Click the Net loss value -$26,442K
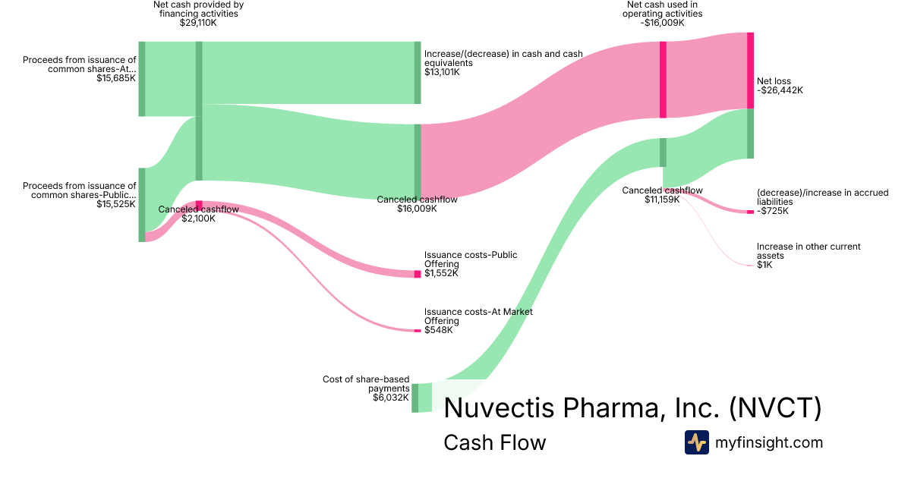pyautogui.click(x=780, y=90)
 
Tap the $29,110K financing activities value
pyautogui.click(x=198, y=23)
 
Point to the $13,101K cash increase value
pyautogui.click(x=442, y=72)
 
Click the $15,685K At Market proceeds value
pyautogui.click(x=116, y=78)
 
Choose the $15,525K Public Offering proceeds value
pyautogui.click(x=116, y=204)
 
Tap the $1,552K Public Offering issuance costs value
pyautogui.click(x=442, y=273)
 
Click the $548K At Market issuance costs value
pyautogui.click(x=439, y=330)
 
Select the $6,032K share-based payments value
pyautogui.click(x=391, y=397)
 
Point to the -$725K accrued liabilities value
pyautogui.click(x=773, y=211)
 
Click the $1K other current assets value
pyautogui.click(x=764, y=265)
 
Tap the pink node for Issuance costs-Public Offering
pyautogui.click(x=417, y=274)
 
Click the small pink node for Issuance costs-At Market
pyautogui.click(x=417, y=331)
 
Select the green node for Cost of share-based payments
pyautogui.click(x=415, y=398)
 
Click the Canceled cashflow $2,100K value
pyautogui.click(x=198, y=219)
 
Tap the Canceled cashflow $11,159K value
pyautogui.click(x=662, y=200)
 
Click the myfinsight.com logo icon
pyautogui.click(x=696, y=442)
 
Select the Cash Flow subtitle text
pyautogui.click(x=494, y=442)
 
